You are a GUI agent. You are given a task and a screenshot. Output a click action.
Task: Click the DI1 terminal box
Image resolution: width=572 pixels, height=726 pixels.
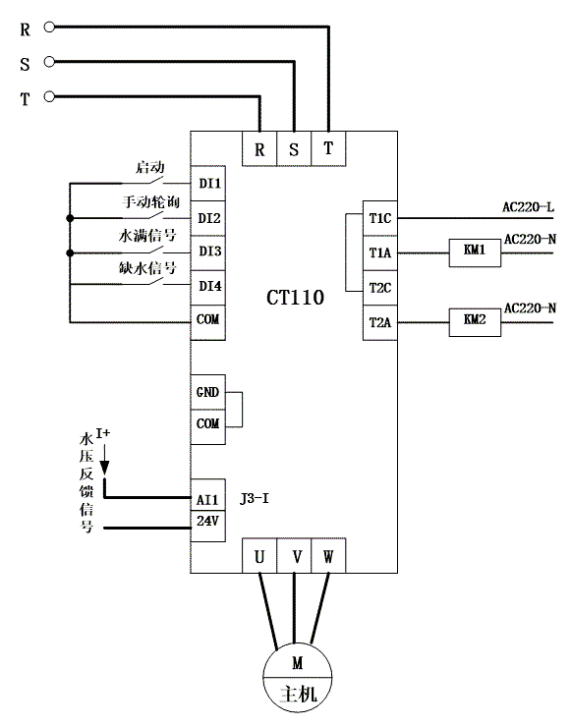coord(208,184)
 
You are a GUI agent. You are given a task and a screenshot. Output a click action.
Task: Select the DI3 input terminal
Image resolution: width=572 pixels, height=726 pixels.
coord(208,252)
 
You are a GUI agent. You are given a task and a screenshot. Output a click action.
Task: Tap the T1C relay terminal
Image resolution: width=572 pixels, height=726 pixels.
coord(379,218)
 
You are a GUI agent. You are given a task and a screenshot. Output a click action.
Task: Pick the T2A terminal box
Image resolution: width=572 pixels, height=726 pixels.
coord(379,322)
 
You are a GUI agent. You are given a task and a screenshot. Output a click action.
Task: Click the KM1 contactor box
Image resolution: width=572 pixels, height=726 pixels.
coord(475,252)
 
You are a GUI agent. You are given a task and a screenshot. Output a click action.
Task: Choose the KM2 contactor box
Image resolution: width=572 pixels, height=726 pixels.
coord(475,322)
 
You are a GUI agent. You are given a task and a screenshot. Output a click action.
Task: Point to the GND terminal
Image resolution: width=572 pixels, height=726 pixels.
coord(208,392)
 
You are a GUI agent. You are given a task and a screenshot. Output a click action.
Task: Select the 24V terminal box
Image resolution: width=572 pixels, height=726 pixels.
coord(208,526)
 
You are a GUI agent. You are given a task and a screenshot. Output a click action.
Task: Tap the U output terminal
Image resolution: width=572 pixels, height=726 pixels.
coord(259,556)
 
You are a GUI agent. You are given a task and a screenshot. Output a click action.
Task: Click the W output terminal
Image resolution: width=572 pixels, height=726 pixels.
coord(328,556)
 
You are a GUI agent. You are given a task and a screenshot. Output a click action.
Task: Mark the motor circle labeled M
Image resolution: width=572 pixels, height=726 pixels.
coord(298,678)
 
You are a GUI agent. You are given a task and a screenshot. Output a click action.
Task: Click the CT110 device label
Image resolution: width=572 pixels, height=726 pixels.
coord(295,298)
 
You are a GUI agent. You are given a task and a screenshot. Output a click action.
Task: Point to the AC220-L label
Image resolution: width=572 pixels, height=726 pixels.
coord(528,207)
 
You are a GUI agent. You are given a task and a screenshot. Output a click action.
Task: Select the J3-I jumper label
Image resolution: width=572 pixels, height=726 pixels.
coord(255,499)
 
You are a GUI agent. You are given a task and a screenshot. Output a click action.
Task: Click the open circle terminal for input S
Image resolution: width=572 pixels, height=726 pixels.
coord(49,62)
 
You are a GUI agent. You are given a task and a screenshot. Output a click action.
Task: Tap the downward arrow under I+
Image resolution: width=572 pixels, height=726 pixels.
coord(105,460)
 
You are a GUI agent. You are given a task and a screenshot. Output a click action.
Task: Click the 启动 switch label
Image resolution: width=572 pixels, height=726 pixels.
coord(150,167)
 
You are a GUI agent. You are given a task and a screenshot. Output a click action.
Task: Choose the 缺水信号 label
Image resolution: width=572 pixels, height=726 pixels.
coord(147,268)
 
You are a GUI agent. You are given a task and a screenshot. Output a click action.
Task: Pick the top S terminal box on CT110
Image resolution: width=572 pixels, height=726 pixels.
coord(294,148)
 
